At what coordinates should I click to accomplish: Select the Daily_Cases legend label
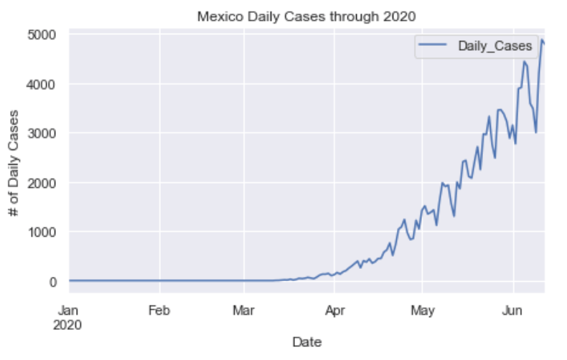tap(495, 47)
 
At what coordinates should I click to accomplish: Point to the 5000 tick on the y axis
tap(48, 34)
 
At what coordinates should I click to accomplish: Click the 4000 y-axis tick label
tap(48, 84)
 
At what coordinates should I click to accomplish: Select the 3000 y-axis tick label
tap(48, 133)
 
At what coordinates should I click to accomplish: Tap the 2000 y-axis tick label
tap(48, 183)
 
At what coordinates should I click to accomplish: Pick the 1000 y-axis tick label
tap(48, 232)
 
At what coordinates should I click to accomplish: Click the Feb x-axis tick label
tap(159, 311)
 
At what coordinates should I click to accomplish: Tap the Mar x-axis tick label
tap(244, 311)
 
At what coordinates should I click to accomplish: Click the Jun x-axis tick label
tap(512, 311)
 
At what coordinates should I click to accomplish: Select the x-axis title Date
tap(306, 343)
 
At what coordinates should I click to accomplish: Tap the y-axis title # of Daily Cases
tap(15, 158)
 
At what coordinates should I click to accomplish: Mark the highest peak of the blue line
tap(542, 39)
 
